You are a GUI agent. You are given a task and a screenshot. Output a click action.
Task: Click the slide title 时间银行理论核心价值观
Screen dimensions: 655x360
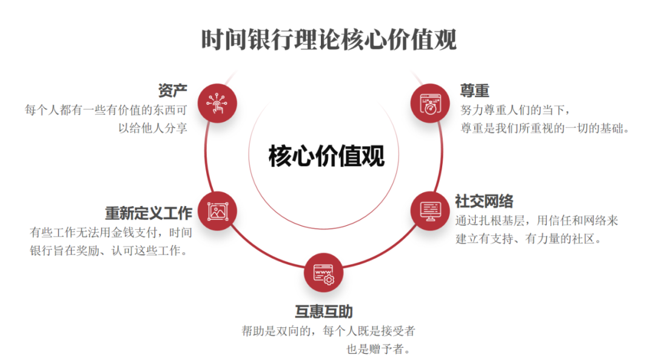[328, 39]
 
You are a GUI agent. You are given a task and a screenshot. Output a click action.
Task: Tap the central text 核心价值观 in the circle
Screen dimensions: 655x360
[326, 156]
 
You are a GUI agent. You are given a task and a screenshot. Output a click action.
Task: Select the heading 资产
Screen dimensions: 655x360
[172, 91]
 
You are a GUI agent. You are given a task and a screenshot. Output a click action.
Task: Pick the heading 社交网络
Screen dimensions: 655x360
[484, 201]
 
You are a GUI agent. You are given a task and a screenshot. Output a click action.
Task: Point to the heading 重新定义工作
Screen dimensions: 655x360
[149, 213]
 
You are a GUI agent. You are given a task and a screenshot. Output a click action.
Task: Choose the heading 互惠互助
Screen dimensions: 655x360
[324, 312]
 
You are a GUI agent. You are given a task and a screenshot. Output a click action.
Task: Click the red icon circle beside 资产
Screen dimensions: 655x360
[217, 102]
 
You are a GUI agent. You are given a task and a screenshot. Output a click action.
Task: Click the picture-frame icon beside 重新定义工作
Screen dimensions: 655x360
[217, 212]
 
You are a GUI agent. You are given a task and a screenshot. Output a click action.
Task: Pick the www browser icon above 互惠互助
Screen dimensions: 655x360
[323, 273]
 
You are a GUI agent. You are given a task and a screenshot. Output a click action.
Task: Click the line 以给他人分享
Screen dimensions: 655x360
[152, 128]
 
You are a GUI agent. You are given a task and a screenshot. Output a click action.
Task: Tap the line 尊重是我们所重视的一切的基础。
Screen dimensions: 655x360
[545, 128]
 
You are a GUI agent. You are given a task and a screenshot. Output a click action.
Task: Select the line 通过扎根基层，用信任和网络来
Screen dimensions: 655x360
[537, 221]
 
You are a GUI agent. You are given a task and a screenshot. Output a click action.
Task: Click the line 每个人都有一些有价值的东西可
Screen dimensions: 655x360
[106, 110]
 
